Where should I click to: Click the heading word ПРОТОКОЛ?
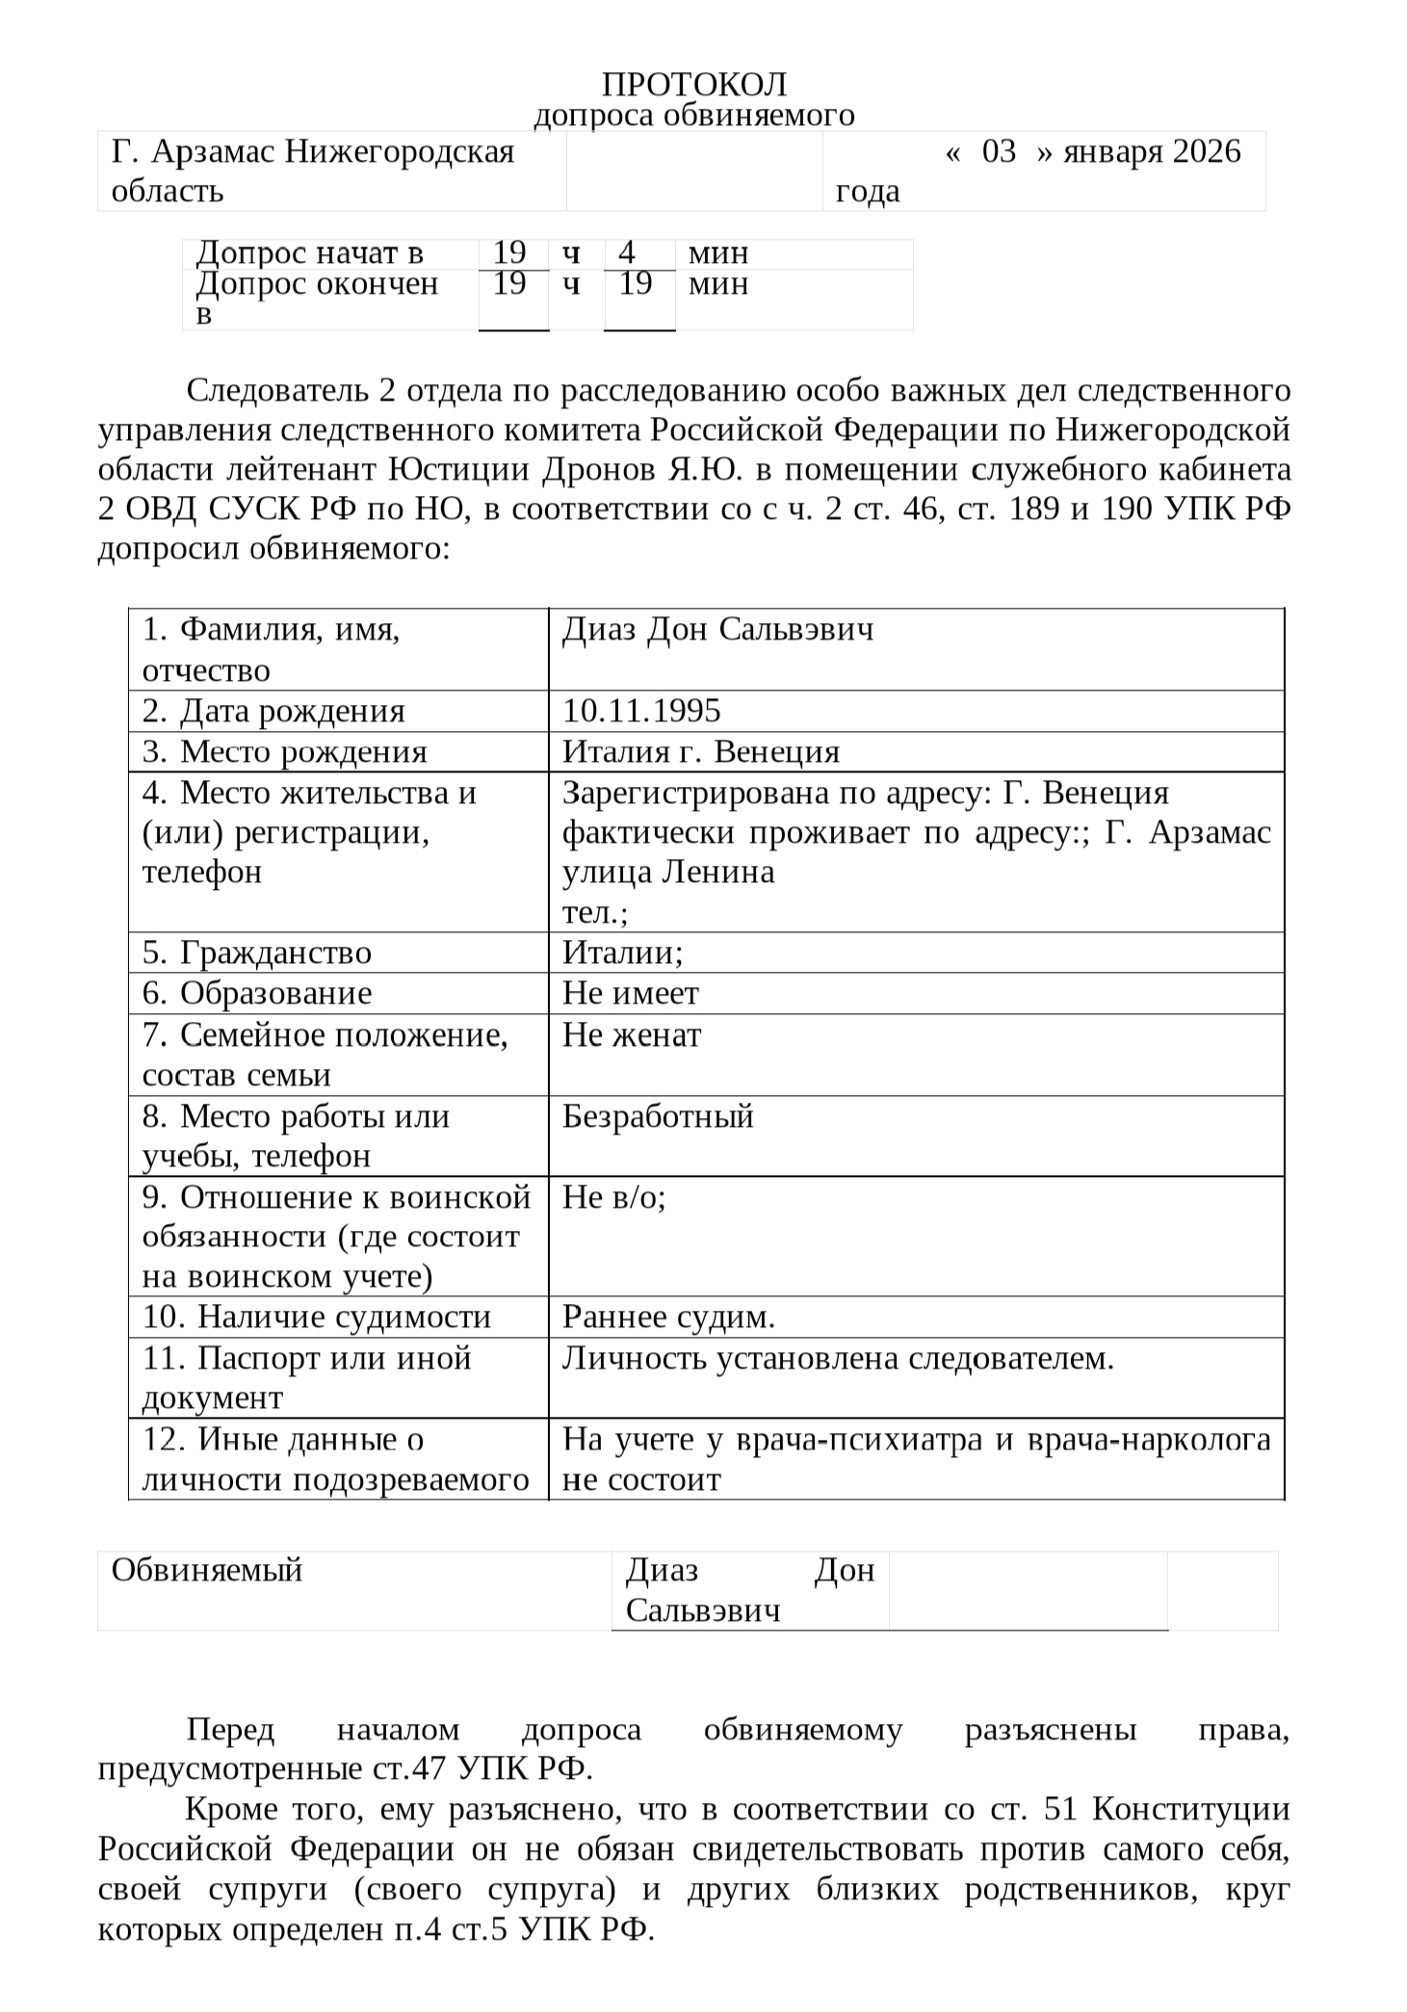click(x=693, y=85)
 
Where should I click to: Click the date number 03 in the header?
click(x=999, y=152)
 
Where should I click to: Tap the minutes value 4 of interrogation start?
click(x=627, y=253)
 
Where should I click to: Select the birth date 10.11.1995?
click(x=641, y=711)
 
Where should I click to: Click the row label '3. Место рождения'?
click(x=284, y=751)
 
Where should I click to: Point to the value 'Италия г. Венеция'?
click(x=701, y=751)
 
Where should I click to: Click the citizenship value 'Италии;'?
click(x=622, y=953)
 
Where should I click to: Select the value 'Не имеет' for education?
click(x=631, y=993)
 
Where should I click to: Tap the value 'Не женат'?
click(x=632, y=1034)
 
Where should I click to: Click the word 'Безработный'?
click(x=658, y=1116)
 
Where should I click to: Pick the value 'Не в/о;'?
click(x=614, y=1197)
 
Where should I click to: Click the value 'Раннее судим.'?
click(x=668, y=1317)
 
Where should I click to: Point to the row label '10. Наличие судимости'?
click(x=317, y=1317)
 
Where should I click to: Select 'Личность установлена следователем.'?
click(x=838, y=1358)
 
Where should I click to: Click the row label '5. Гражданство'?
click(x=257, y=953)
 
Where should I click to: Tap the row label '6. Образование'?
click(x=257, y=993)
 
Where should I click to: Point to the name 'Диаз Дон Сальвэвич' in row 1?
click(x=718, y=630)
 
